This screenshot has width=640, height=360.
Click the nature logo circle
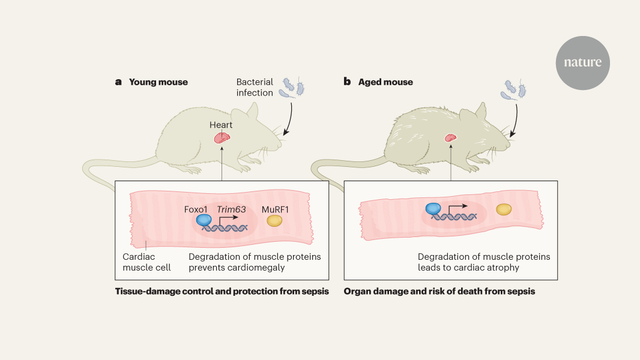pyautogui.click(x=582, y=62)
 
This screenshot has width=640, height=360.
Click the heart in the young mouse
pyautogui.click(x=223, y=137)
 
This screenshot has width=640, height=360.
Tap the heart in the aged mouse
pyautogui.click(x=450, y=138)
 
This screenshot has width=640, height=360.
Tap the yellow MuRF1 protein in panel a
pyautogui.click(x=275, y=221)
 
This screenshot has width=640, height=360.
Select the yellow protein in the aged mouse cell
pyautogui.click(x=503, y=209)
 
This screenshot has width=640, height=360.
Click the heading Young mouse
pyautogui.click(x=158, y=82)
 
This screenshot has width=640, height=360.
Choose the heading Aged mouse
pyautogui.click(x=385, y=82)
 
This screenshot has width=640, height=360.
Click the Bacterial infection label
pyautogui.click(x=255, y=88)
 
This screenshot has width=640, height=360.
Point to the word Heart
pyautogui.click(x=221, y=125)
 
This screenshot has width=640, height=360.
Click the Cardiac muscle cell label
pyautogui.click(x=146, y=262)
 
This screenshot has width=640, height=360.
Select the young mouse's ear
pyautogui.click(x=253, y=112)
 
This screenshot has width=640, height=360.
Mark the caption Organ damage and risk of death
pyautogui.click(x=439, y=292)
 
